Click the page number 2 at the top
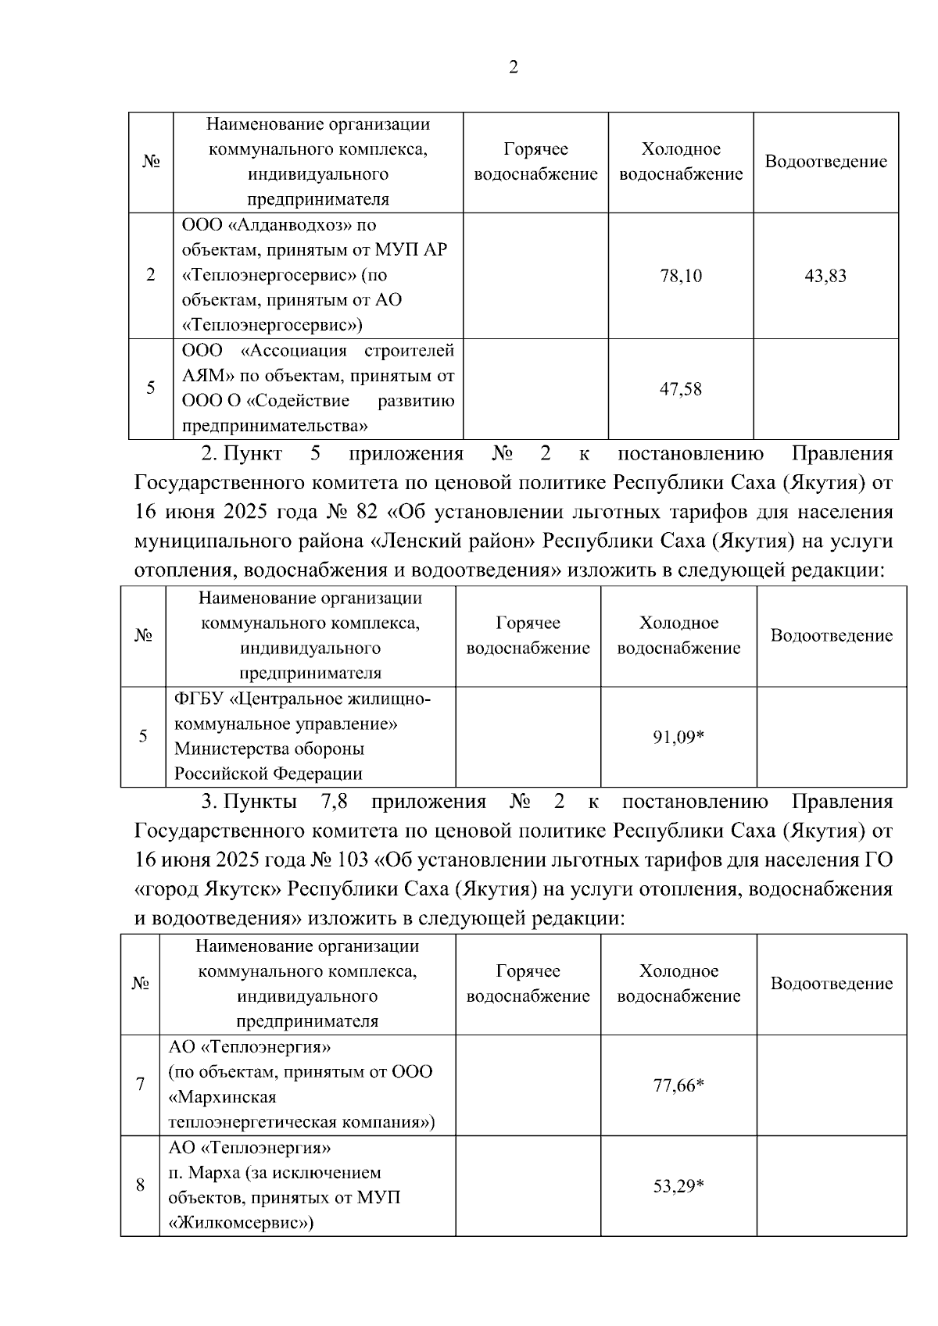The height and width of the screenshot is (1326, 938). pyautogui.click(x=513, y=68)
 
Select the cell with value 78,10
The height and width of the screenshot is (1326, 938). pyautogui.click(x=681, y=276)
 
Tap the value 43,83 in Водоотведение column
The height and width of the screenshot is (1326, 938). pyautogui.click(x=825, y=276)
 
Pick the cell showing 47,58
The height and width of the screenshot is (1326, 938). pyautogui.click(x=681, y=388)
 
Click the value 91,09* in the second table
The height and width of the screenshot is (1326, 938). pyautogui.click(x=678, y=737)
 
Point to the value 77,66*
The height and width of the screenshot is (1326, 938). pyautogui.click(x=678, y=1085)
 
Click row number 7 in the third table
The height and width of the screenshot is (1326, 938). pyautogui.click(x=141, y=1085)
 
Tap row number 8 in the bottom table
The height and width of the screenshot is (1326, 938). pyautogui.click(x=141, y=1185)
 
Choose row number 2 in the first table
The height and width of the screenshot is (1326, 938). pyautogui.click(x=150, y=275)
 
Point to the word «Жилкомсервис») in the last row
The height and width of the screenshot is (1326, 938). pyautogui.click(x=241, y=1223)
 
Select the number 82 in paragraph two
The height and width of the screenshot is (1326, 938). pyautogui.click(x=366, y=513)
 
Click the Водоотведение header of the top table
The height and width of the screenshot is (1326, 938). pyautogui.click(x=825, y=162)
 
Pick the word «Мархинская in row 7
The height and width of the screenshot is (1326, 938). pyautogui.click(x=222, y=1097)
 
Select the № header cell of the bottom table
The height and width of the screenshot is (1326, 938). pyautogui.click(x=141, y=983)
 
